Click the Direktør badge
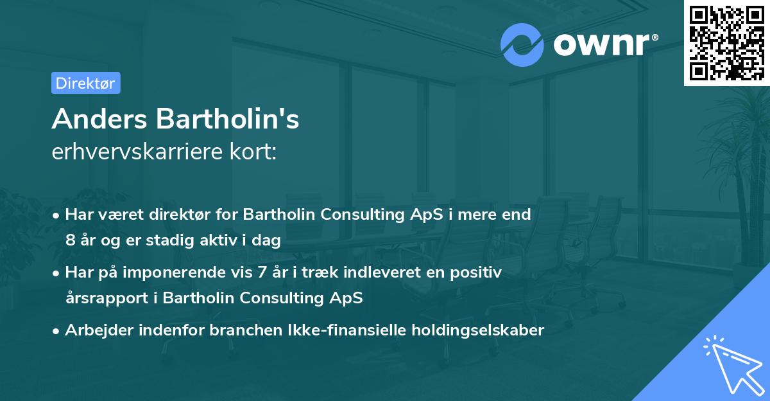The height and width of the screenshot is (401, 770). (x=85, y=83)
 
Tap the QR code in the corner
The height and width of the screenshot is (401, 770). (x=726, y=42)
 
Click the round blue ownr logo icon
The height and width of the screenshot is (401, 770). (x=522, y=44)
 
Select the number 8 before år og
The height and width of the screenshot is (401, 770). (x=70, y=241)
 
